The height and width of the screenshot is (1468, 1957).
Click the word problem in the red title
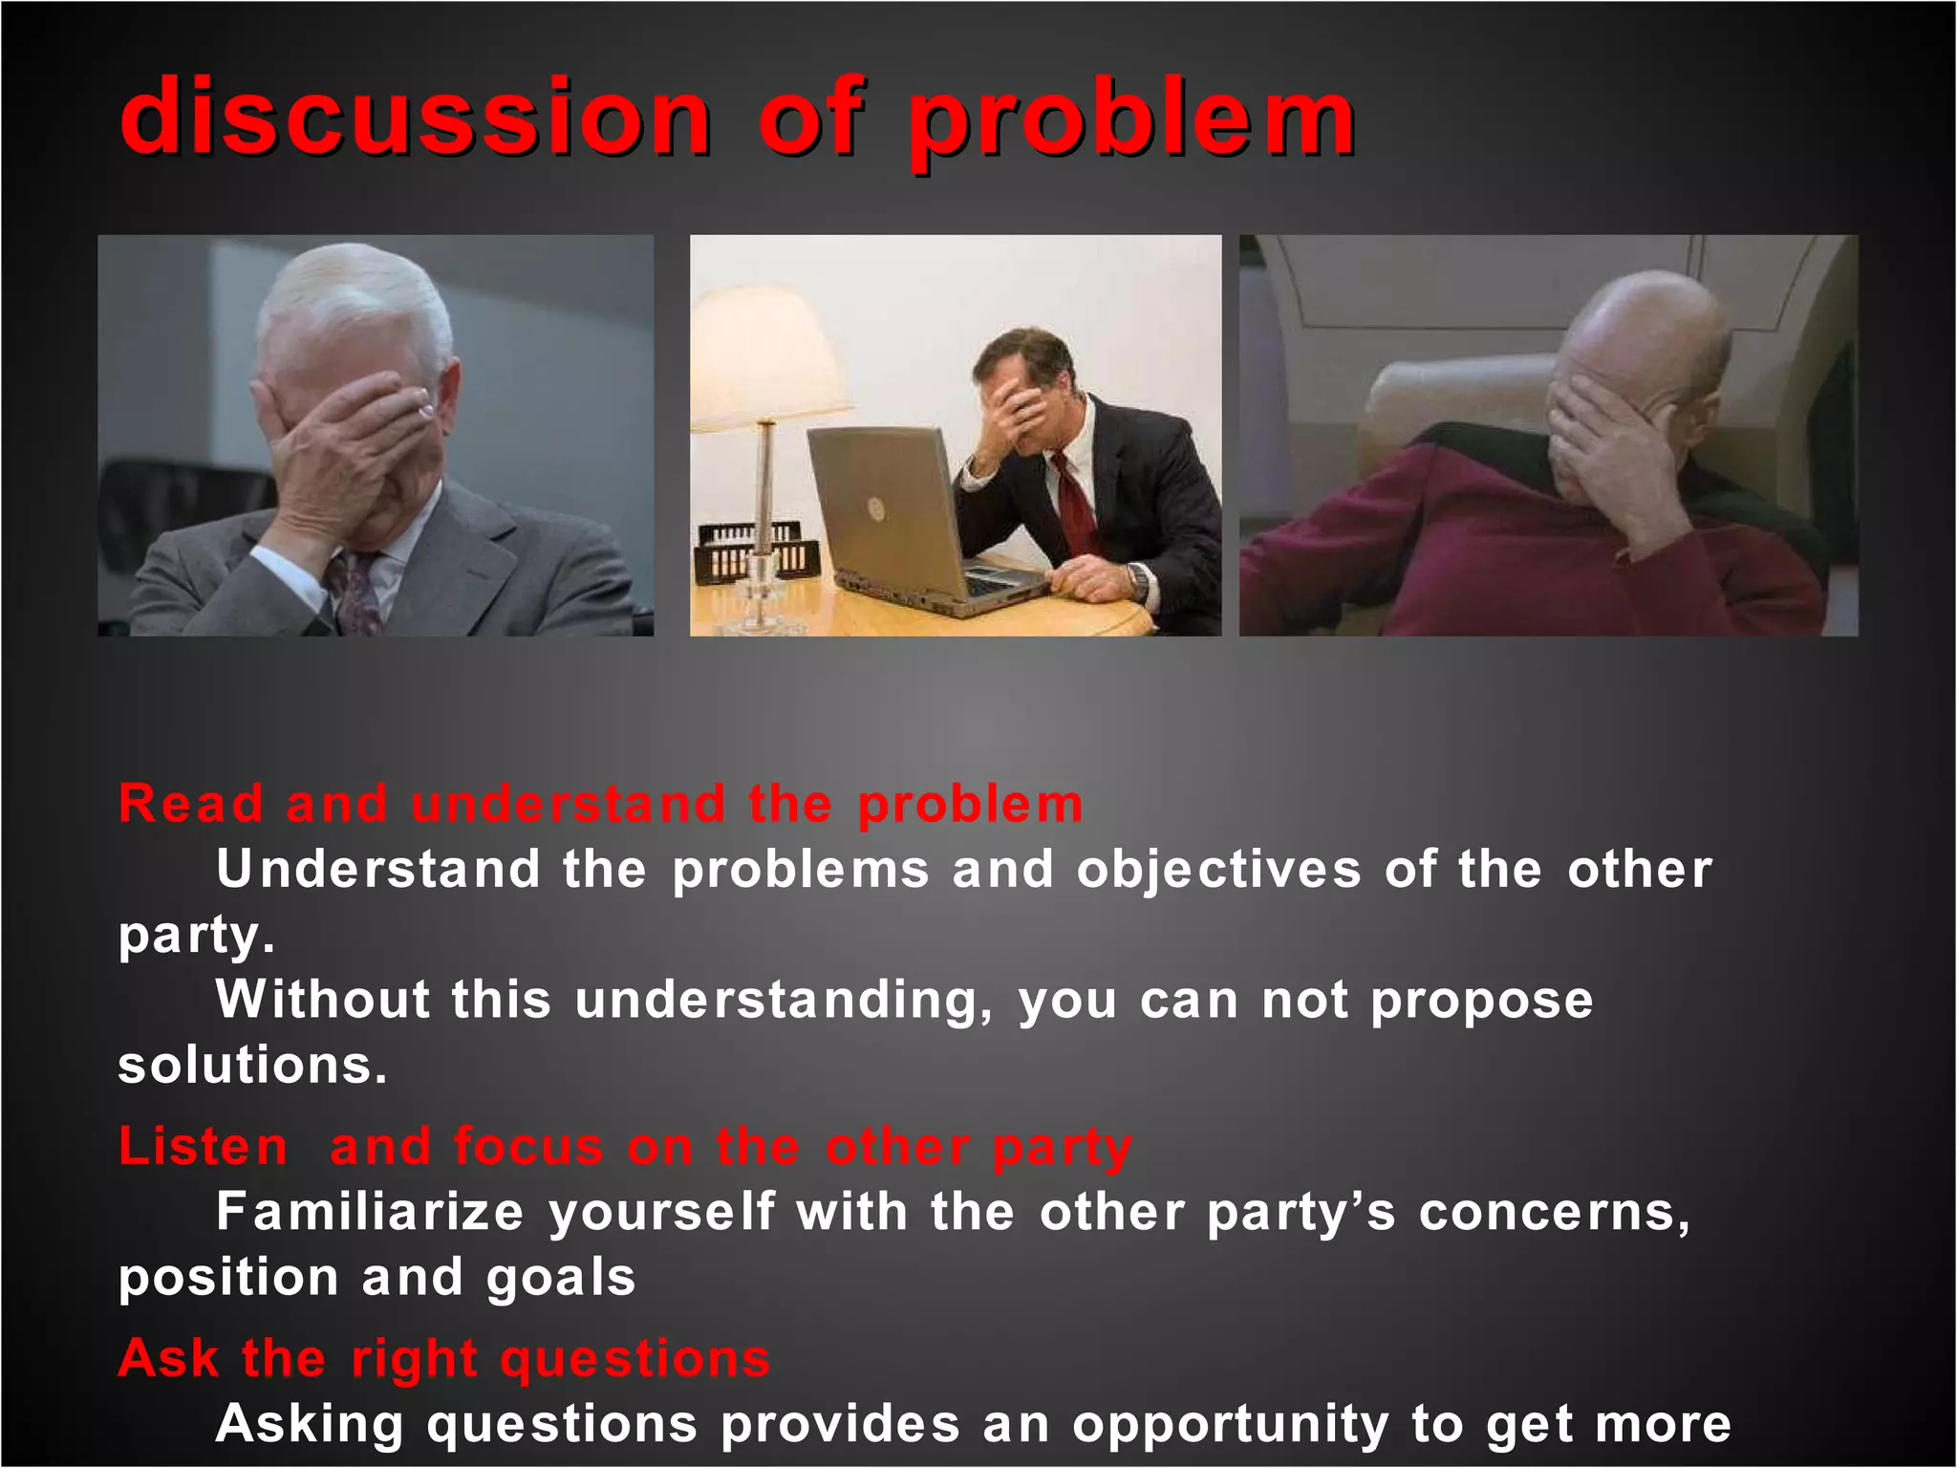pyautogui.click(x=1131, y=122)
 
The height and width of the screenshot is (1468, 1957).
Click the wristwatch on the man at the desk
pyautogui.click(x=1137, y=578)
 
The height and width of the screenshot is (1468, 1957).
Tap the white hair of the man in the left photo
pyautogui.click(x=349, y=296)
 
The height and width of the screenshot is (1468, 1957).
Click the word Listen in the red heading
pyautogui.click(x=203, y=1146)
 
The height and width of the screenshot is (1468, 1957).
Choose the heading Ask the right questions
pyautogui.click(x=443, y=1358)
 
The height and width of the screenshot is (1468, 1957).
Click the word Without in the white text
pyautogui.click(x=322, y=1000)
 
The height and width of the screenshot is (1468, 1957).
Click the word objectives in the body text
pyautogui.click(x=1218, y=870)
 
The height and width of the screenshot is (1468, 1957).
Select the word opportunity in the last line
pyautogui.click(x=1230, y=1424)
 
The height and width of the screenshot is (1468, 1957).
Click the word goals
pyautogui.click(x=561, y=1279)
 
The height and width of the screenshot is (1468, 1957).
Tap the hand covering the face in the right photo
pyautogui.click(x=1605, y=430)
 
